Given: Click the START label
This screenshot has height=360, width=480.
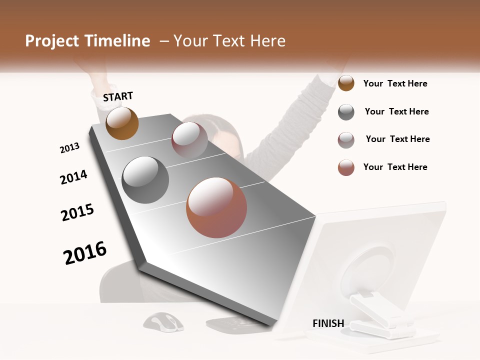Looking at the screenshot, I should point(118,96).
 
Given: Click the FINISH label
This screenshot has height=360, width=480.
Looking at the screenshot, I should point(328,323).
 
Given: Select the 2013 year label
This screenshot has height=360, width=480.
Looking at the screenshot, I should point(69,148).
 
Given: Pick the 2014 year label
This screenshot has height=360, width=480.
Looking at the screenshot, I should point(73,177).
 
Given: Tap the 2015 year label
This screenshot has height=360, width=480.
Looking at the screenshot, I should point(77,212).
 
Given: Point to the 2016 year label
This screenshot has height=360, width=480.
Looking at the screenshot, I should point(85,253).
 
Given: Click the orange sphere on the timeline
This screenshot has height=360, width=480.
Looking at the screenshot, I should point(122,123).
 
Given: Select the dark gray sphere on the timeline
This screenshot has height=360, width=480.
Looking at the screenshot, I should point(145,179).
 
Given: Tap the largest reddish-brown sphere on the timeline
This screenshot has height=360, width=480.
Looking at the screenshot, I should point(216,207).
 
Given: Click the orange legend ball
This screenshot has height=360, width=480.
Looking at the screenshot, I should point(346,83).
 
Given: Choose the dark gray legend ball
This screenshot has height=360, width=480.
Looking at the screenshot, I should point(346,112).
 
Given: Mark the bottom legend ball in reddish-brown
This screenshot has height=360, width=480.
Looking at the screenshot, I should point(346,167).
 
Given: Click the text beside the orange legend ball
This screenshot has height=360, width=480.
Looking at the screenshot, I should point(395,84).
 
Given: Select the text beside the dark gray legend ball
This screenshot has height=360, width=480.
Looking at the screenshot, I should point(396,111).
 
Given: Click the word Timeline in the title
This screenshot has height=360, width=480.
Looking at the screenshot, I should point(118,41).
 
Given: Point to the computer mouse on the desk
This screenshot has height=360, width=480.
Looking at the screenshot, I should point(163,321).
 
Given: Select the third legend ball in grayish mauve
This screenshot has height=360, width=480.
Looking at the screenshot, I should point(346,140).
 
